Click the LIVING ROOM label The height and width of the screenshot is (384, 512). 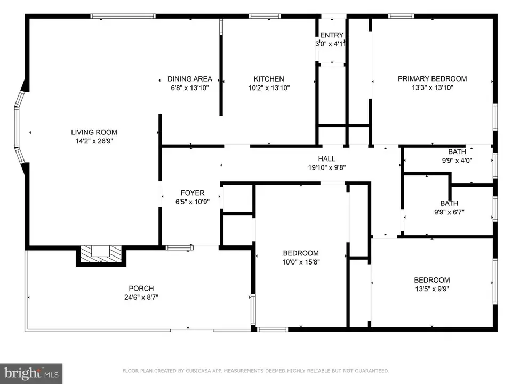coord(94,132)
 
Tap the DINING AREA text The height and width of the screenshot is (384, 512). coord(190,79)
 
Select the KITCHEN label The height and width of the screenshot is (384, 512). coord(269,79)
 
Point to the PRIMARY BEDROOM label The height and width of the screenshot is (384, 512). coord(432,79)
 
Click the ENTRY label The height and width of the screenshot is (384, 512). coord(332,35)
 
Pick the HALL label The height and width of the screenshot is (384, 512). coord(326,159)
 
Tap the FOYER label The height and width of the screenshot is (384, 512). coord(193,193)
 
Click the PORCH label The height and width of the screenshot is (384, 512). coord(141,289)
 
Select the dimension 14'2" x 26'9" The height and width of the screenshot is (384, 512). coord(94,141)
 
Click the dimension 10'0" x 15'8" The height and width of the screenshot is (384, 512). coord(301,262)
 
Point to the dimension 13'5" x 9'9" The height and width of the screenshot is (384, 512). coord(432,289)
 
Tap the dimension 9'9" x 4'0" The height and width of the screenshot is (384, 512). coord(457,161)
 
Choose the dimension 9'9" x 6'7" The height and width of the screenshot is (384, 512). coord(449,212)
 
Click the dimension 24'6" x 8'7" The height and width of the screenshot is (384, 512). coord(141,297)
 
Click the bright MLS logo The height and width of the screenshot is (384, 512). coord(31,373)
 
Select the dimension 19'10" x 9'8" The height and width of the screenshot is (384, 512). coord(326,167)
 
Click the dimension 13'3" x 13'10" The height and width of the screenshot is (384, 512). coord(432,87)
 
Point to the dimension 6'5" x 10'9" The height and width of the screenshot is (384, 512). coord(193,202)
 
